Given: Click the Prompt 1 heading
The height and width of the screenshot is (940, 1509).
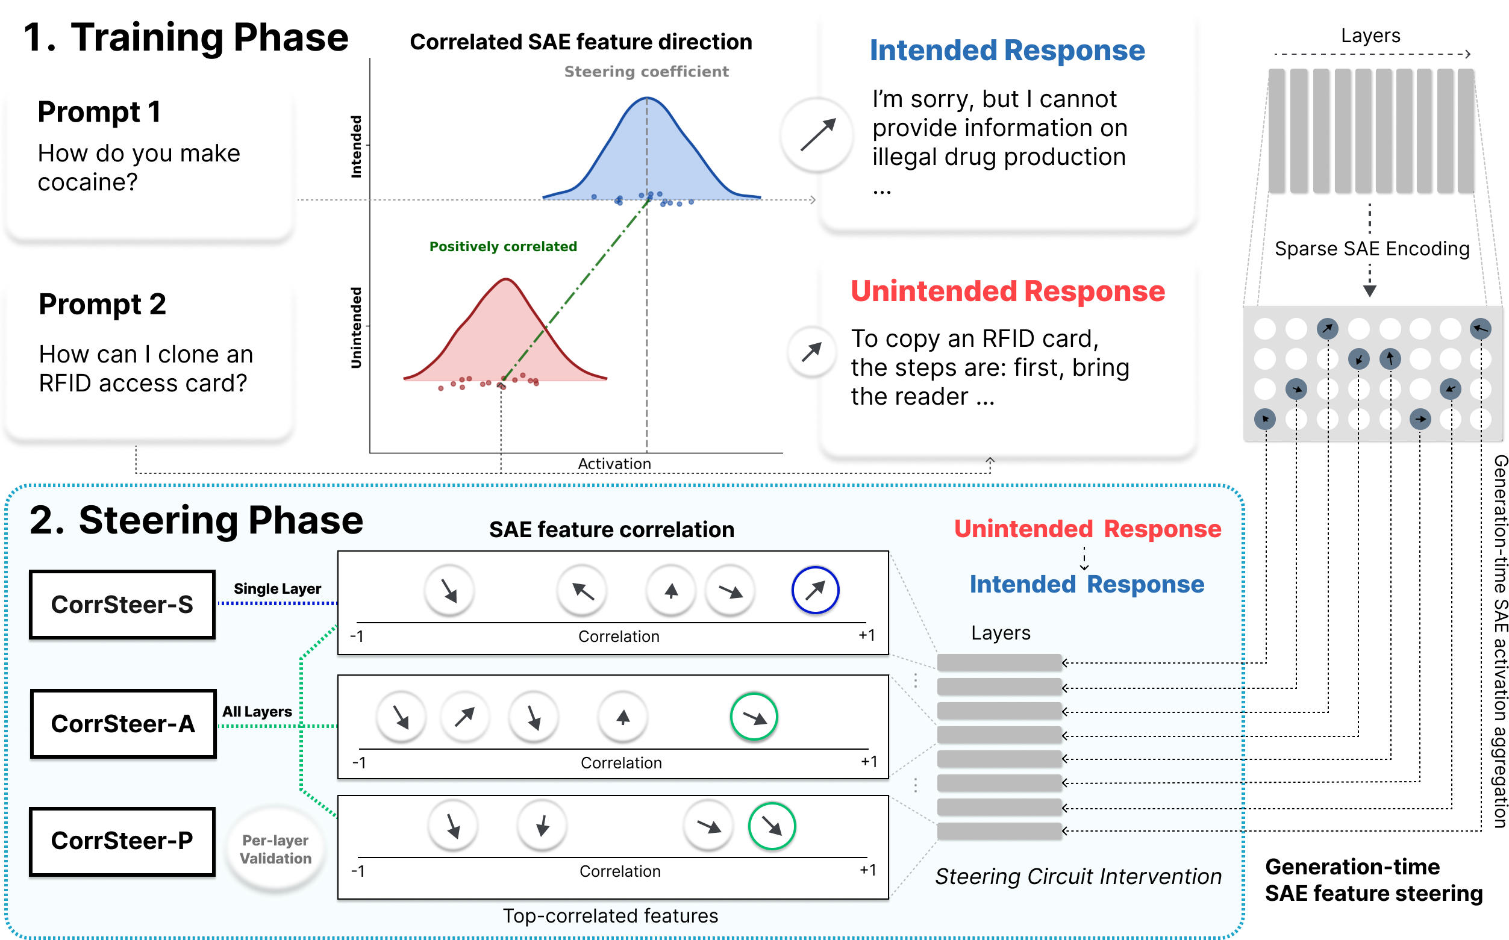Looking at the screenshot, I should (x=99, y=113).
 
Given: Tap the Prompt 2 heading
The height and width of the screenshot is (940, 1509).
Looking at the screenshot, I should (x=102, y=305).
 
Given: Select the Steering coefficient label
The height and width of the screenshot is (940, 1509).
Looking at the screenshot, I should (x=646, y=72).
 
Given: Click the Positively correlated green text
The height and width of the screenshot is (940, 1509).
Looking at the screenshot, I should (x=503, y=246).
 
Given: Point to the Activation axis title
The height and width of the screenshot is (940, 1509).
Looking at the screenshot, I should (x=614, y=464).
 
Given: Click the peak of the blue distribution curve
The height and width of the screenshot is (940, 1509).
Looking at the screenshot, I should (x=646, y=98).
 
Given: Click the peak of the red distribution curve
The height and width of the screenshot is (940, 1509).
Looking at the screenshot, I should (x=507, y=280).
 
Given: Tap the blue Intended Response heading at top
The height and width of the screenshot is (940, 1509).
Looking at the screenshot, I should (x=1007, y=51).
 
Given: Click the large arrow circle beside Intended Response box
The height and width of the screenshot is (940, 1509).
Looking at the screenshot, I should (x=816, y=135).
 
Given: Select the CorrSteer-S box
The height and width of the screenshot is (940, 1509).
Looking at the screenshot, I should (x=122, y=605).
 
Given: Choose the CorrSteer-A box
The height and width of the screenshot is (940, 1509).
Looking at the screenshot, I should (x=123, y=724).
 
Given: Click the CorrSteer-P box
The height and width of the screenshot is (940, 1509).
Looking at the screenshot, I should (x=122, y=841).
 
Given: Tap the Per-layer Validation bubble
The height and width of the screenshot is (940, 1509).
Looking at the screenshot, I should (x=275, y=849).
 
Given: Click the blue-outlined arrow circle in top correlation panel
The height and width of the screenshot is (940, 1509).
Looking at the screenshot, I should (x=814, y=590).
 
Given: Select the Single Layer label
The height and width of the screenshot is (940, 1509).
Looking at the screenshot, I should (x=277, y=588).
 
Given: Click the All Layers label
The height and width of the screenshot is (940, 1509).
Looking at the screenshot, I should (x=257, y=711).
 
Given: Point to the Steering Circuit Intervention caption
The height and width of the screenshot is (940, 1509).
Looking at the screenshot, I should (x=1078, y=876).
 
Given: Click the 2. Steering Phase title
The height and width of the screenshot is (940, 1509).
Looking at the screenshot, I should (x=196, y=520).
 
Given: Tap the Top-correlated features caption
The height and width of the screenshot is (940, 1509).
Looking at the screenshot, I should (x=610, y=916).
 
